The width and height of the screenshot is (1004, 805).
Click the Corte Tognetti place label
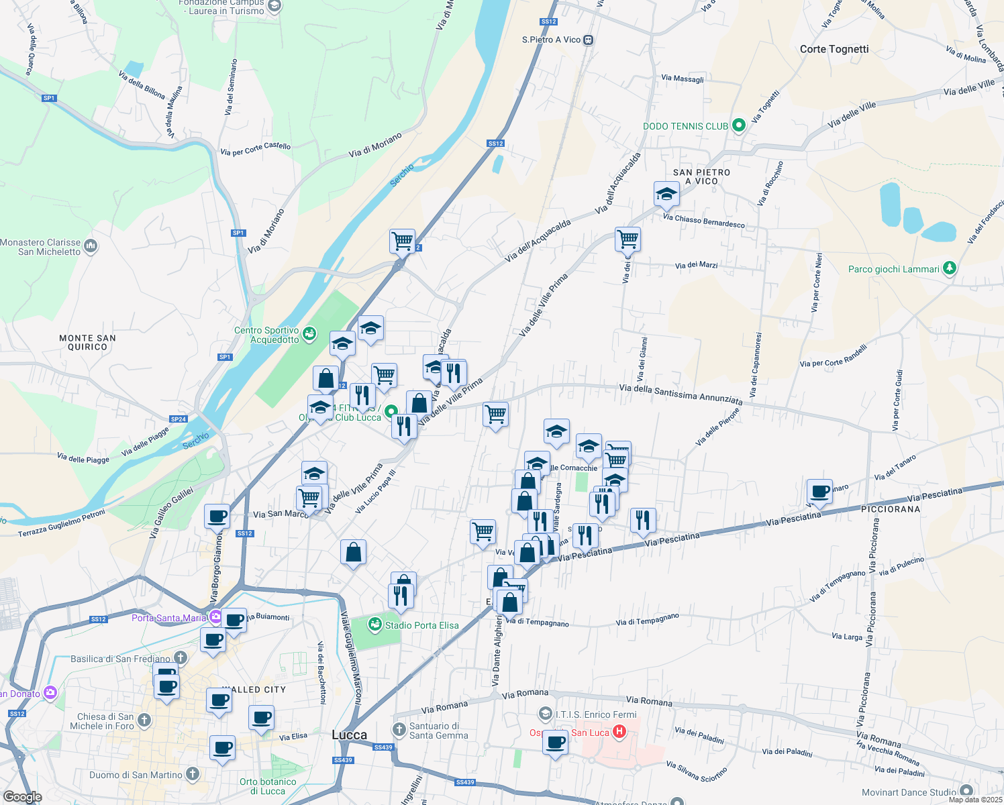[834, 49]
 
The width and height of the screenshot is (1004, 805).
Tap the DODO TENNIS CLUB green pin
[739, 125]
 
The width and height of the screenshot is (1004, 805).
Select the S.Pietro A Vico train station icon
[589, 40]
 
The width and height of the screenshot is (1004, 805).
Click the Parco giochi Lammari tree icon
[949, 268]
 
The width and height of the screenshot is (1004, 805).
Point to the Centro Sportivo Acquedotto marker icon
[309, 333]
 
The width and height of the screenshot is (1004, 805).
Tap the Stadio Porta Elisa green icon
[375, 625]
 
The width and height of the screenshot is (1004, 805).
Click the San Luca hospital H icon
[619, 732]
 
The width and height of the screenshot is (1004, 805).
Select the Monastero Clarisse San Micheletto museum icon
[91, 246]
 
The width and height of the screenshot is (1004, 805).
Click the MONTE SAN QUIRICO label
[87, 342]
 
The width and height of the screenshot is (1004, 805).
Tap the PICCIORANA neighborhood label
[891, 509]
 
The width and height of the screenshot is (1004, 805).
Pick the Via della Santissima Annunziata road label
[681, 394]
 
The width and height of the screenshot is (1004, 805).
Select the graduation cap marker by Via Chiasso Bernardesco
[666, 194]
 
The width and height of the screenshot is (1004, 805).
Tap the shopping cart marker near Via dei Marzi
[628, 238]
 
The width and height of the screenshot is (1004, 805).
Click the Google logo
[22, 797]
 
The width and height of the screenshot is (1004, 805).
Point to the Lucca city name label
[350, 735]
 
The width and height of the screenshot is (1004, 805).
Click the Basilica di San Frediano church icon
[181, 658]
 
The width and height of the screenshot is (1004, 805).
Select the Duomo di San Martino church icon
[193, 774]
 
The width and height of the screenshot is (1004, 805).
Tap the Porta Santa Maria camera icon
[215, 617]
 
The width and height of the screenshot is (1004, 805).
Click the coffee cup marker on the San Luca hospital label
[555, 743]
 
